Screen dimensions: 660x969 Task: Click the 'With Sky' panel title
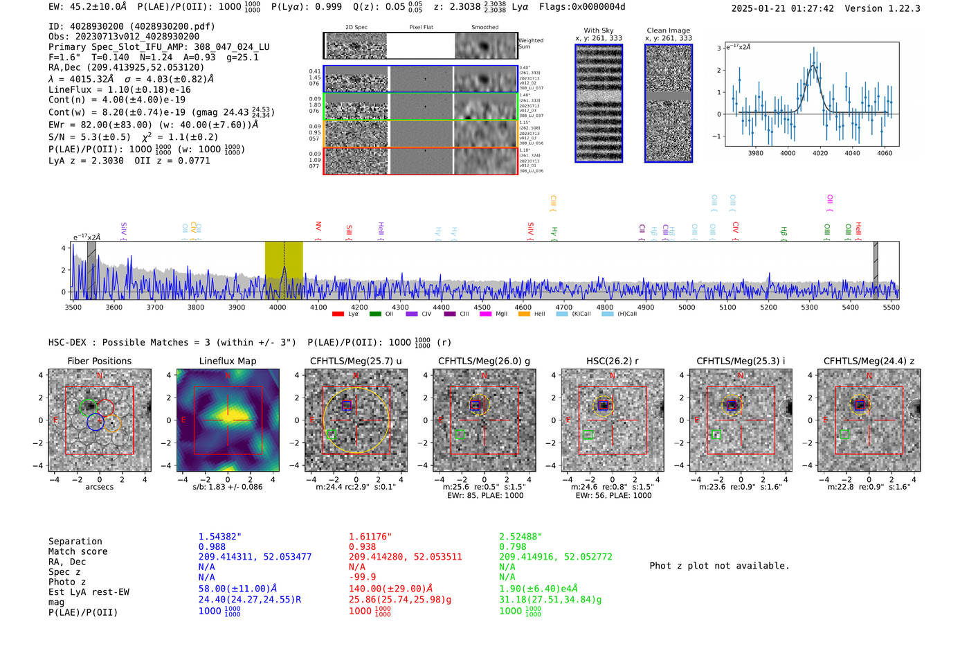pos(598,30)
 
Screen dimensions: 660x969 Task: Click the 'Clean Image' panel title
pos(668,30)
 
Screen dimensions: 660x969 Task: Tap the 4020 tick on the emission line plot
pos(820,153)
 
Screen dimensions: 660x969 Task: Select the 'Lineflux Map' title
pos(227,361)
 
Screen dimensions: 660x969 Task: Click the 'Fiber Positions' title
pos(99,361)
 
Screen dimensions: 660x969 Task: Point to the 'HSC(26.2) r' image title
pos(603,361)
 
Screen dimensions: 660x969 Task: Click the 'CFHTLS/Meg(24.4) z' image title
pos(869,361)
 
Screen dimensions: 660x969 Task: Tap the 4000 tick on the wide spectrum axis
pos(277,307)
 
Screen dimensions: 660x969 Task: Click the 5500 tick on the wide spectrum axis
pos(891,307)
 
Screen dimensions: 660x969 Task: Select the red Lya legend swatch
pos(338,314)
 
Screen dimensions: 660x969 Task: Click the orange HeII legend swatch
pos(524,314)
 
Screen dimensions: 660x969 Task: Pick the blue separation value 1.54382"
pos(219,537)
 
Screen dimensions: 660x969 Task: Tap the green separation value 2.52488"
pos(520,537)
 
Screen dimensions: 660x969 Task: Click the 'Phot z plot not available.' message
pos(719,566)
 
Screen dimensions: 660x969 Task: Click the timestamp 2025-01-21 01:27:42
pos(782,8)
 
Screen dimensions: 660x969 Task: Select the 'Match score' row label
pos(78,551)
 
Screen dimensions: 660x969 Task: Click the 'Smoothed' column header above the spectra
pos(484,28)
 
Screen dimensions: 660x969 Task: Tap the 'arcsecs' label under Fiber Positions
pos(99,487)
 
